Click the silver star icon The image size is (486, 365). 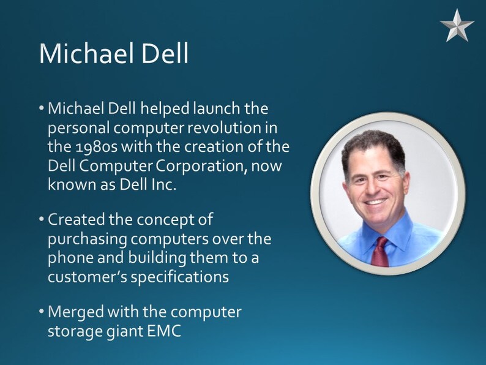click(x=457, y=25)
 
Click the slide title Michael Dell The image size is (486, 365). click(x=114, y=54)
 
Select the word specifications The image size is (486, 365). click(x=181, y=276)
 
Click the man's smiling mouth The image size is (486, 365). click(x=376, y=200)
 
